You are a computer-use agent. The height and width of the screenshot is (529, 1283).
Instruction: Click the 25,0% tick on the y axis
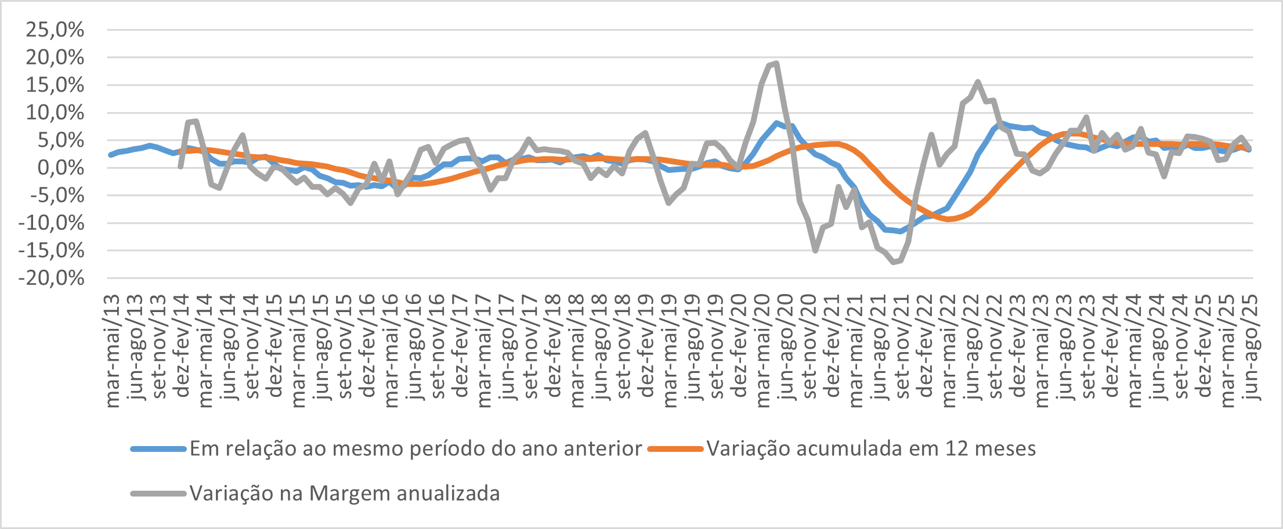coord(55,30)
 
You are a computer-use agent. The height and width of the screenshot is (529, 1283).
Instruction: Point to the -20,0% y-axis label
coord(52,278)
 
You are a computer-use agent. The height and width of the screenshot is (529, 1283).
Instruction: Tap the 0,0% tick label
coord(62,168)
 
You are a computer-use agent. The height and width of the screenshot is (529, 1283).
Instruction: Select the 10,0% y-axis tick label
coord(55,113)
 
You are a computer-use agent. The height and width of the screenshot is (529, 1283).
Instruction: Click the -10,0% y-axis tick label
coord(52,223)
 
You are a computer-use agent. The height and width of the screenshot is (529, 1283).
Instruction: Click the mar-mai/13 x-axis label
coord(113,351)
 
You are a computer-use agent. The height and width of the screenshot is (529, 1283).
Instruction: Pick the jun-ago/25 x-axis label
coord(1251,347)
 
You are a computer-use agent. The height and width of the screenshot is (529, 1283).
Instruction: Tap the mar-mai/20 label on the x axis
coord(763,351)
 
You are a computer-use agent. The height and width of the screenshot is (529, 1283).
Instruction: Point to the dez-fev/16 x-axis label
coord(368,347)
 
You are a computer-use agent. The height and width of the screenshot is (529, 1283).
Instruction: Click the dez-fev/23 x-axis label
coord(1018,347)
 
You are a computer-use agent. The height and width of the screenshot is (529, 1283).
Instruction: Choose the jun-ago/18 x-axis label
coord(601,347)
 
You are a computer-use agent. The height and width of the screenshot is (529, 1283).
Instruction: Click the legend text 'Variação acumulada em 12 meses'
coord(871,449)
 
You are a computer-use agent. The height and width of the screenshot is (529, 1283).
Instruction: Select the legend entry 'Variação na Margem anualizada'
coord(345,494)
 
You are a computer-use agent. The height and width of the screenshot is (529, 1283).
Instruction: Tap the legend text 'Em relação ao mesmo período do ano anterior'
coord(415,449)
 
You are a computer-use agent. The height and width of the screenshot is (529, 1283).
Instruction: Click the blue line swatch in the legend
coord(158,449)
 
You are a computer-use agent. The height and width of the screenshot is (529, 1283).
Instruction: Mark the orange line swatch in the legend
coord(675,449)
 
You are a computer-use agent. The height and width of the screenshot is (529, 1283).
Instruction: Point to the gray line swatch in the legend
coord(158,494)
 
